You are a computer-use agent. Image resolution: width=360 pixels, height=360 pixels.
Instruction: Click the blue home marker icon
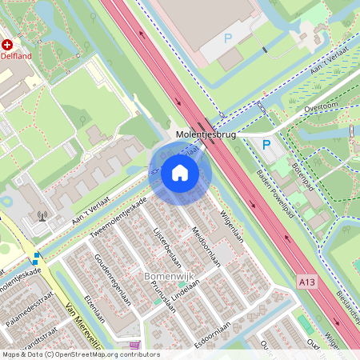coord(180,172)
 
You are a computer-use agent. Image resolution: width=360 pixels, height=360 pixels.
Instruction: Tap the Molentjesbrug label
coord(206,135)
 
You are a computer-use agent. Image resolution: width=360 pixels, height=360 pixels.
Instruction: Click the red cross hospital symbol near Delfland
coord(7,45)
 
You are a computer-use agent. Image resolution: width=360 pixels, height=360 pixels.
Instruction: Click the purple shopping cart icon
coord(144,345)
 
